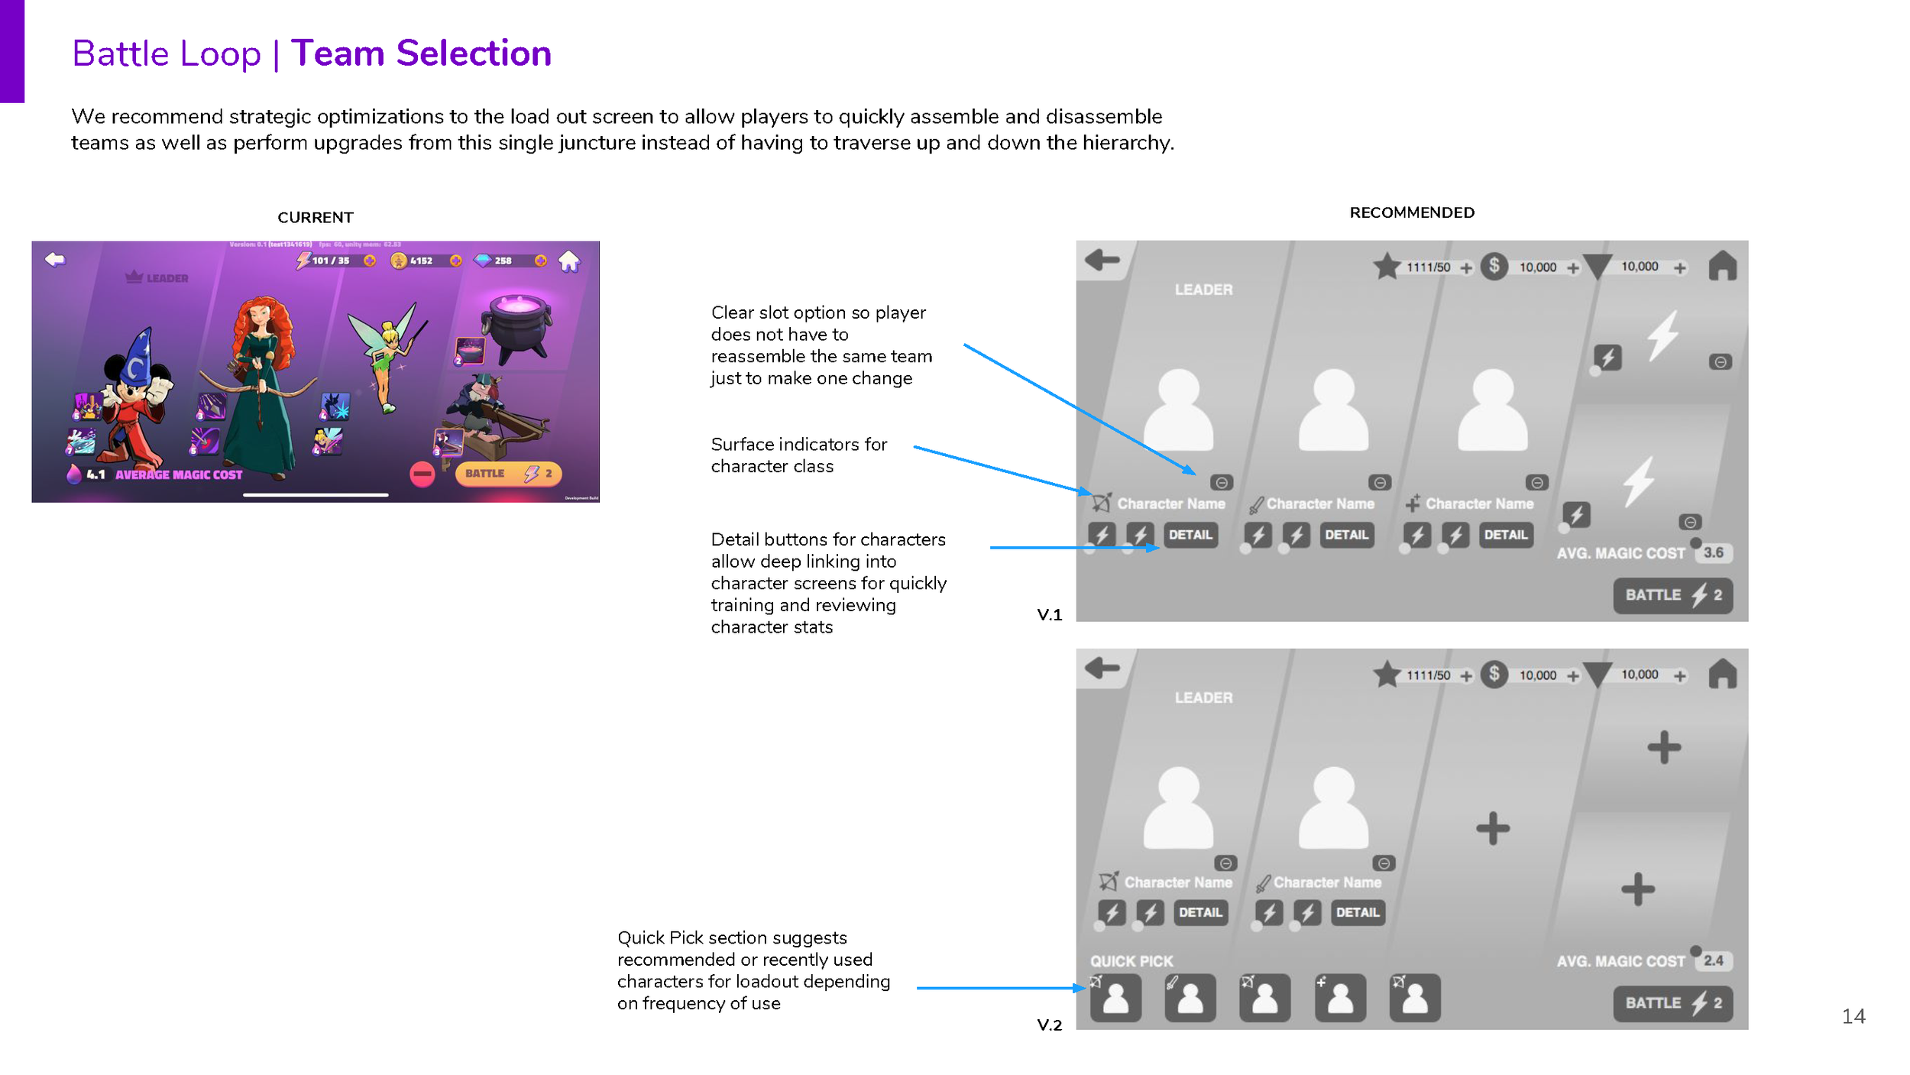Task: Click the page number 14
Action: pyautogui.click(x=1853, y=1016)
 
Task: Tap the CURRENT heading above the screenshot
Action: pyautogui.click(x=316, y=218)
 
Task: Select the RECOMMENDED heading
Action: pyautogui.click(x=1412, y=212)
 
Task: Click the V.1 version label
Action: pyautogui.click(x=1049, y=615)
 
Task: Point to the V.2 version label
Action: pyautogui.click(x=1049, y=1025)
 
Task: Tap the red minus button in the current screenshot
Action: pyautogui.click(x=422, y=474)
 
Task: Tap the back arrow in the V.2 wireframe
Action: pyautogui.click(x=1102, y=669)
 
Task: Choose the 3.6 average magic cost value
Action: pyautogui.click(x=1713, y=552)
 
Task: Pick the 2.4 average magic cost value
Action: pyautogui.click(x=1713, y=960)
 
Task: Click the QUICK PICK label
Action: pyautogui.click(x=1131, y=961)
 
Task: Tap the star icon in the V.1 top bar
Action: pyautogui.click(x=1387, y=267)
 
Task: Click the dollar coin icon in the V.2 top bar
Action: pyautogui.click(x=1494, y=674)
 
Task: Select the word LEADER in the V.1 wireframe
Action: pyautogui.click(x=1203, y=290)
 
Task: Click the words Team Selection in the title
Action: pyautogui.click(x=421, y=53)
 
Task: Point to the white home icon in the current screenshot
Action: pyautogui.click(x=569, y=261)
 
